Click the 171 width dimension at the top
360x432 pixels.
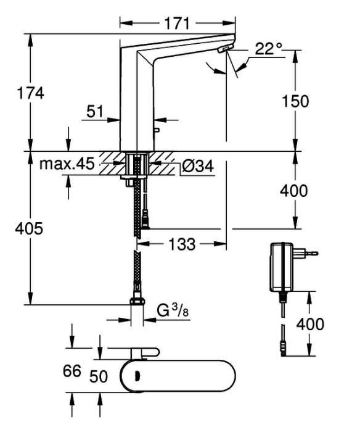pos(178,23)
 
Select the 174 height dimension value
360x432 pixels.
pos(31,93)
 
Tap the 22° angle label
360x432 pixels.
pos(269,49)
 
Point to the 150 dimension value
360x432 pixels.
pos(295,101)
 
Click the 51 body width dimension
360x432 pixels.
pos(94,112)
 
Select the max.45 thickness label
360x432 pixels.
pos(67,164)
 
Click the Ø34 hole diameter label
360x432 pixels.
pos(198,166)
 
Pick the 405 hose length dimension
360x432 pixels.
pos(29,228)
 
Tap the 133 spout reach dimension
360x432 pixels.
pos(182,244)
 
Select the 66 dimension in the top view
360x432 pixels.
pos(72,371)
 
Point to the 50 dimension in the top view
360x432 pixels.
pos(99,376)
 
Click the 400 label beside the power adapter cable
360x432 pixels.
pos(310,324)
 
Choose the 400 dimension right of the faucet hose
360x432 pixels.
pos(293,191)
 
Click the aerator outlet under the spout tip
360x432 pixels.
pos(224,49)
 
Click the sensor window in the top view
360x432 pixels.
pos(137,375)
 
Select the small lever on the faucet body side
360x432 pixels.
pos(157,130)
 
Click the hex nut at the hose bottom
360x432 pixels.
pos(136,301)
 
